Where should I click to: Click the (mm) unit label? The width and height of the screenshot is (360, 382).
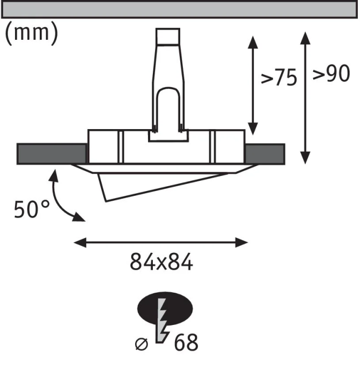(31, 33)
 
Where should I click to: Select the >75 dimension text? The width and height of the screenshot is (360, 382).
(279, 77)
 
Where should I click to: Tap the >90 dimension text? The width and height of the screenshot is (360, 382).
(331, 73)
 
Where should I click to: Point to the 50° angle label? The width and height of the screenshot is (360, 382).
(32, 209)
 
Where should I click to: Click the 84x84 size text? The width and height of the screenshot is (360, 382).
(161, 262)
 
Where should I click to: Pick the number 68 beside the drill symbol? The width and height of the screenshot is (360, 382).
(186, 342)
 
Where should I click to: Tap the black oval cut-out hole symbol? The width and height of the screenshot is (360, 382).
(165, 309)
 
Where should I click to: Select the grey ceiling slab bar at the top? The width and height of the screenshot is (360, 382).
(180, 10)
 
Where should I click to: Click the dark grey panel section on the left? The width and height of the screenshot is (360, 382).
(52, 154)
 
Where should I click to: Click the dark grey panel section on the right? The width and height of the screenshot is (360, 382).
(265, 154)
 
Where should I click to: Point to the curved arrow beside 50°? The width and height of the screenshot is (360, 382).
(59, 198)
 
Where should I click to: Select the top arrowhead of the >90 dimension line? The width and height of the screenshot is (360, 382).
(305, 38)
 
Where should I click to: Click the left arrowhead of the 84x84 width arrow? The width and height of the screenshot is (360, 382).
(80, 243)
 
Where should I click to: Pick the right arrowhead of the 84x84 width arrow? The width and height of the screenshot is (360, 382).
(242, 243)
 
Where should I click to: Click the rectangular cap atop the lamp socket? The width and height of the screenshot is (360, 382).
(168, 37)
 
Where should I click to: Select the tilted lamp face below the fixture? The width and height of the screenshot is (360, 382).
(161, 187)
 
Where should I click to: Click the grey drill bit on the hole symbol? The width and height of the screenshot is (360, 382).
(161, 320)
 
